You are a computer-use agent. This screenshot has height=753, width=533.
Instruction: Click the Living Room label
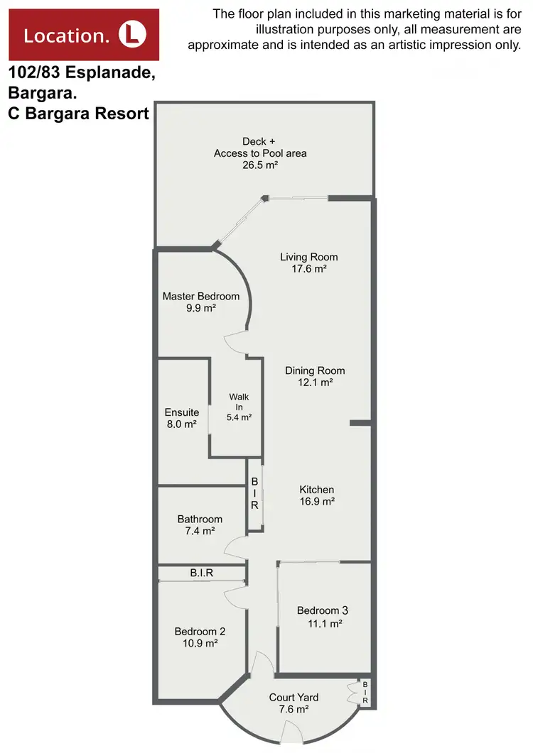click(308, 257)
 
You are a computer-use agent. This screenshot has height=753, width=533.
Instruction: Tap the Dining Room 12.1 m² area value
click(315, 383)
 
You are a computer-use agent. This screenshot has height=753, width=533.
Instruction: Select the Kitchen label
click(316, 490)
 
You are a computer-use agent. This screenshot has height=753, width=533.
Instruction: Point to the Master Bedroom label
click(201, 297)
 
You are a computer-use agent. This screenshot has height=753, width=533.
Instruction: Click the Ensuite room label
click(181, 412)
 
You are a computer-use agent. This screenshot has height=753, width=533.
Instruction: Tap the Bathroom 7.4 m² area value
click(200, 531)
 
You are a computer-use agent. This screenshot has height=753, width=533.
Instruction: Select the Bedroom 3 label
click(323, 610)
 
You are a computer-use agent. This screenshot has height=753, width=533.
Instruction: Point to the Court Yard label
click(294, 697)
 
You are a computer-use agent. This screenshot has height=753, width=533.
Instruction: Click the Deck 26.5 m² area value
click(259, 165)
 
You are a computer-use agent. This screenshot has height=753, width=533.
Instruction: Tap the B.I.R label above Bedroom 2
click(202, 572)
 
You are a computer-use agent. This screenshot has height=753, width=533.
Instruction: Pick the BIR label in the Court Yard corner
click(365, 693)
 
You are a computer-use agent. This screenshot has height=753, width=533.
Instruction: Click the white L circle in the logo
click(131, 34)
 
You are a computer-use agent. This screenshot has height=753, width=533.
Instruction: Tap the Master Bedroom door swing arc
click(233, 342)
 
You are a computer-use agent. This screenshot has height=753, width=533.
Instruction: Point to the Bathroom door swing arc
click(234, 546)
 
